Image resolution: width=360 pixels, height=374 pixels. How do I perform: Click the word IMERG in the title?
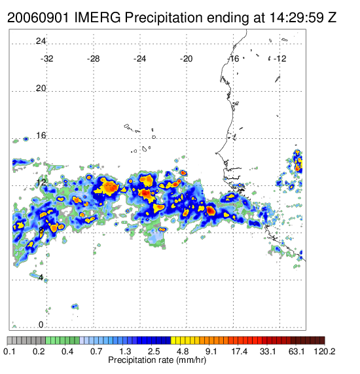coord(98,18)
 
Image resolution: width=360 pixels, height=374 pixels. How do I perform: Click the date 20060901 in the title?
coord(39,18)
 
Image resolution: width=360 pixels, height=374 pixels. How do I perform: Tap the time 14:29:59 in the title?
coord(297,18)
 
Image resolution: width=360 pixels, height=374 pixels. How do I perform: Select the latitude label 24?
coord(41,41)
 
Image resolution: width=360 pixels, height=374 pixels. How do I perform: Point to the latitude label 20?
coord(41,88)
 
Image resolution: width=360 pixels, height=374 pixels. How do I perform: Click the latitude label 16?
coord(41,136)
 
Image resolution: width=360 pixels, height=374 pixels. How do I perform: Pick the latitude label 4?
coord(41,278)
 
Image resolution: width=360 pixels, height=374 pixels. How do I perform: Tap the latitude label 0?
coord(41,325)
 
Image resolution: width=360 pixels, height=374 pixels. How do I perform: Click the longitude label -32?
coord(46,58)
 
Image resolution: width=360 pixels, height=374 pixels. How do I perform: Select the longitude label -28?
coord(93,58)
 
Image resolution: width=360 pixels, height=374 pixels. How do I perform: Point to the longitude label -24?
coord(139,58)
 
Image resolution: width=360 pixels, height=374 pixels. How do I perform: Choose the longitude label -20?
coord(186,58)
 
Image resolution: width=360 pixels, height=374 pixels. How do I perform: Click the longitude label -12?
coord(279,58)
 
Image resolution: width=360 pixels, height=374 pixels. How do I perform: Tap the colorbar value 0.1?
coord(10,351)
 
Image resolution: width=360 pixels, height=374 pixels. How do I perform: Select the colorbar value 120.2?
coord(325,351)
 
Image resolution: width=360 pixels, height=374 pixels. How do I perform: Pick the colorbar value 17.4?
coord(240,351)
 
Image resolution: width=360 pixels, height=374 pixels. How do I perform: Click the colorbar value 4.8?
coord(183,351)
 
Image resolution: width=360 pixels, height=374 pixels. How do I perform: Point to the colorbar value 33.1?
coord(268,351)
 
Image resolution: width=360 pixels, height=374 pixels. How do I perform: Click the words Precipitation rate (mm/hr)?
coord(157,360)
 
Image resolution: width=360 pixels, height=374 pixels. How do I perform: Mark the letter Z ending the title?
coord(333,18)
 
